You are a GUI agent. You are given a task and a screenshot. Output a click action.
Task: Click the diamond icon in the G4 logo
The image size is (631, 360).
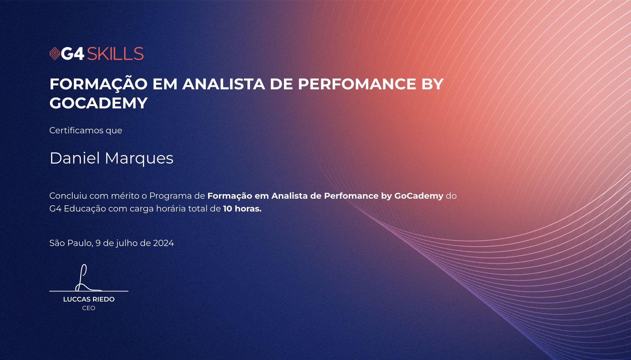(x=55, y=54)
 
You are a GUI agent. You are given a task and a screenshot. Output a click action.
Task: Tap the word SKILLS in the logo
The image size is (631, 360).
(x=115, y=54)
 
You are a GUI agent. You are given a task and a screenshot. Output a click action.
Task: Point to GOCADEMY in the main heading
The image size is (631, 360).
(x=99, y=103)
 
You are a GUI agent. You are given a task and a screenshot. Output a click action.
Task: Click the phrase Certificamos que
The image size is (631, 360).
(x=86, y=130)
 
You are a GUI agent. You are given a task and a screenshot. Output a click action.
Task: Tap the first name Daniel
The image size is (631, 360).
(x=75, y=158)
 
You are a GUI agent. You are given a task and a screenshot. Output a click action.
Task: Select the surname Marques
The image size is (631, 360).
(x=139, y=159)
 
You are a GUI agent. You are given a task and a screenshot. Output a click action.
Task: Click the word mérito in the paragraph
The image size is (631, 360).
(x=125, y=196)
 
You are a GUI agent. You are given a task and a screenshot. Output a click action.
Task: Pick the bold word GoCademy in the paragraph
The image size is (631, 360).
(x=419, y=196)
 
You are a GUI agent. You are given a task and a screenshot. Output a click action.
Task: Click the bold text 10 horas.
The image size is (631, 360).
(x=242, y=209)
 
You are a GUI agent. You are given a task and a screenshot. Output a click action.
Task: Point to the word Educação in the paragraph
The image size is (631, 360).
(x=85, y=209)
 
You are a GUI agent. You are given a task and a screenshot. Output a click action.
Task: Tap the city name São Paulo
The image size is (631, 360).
(x=71, y=243)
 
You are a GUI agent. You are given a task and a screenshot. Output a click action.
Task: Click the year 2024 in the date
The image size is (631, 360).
(x=163, y=243)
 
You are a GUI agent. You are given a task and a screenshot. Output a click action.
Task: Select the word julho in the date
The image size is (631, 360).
(x=127, y=243)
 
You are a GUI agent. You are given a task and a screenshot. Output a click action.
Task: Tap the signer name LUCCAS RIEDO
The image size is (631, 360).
(x=89, y=299)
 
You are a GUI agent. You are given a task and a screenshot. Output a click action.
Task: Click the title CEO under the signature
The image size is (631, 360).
(x=89, y=308)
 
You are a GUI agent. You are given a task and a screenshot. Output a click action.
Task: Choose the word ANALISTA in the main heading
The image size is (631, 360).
(x=223, y=84)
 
